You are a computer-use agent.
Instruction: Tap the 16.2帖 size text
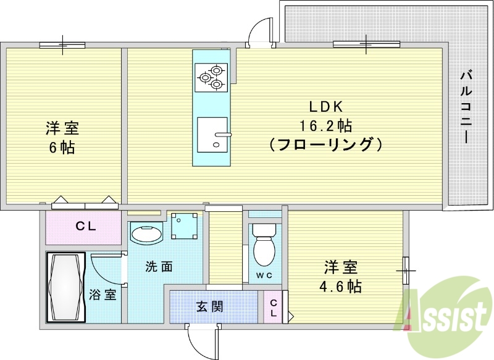pyautogui.click(x=325, y=126)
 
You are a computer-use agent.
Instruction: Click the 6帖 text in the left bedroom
pyautogui.click(x=62, y=149)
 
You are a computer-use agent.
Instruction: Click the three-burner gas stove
pyautogui.click(x=210, y=77)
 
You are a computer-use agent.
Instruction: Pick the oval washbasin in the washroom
pyautogui.click(x=146, y=234)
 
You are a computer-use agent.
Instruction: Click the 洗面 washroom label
pyautogui.click(x=159, y=267)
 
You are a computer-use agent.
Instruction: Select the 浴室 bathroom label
pyautogui.click(x=103, y=294)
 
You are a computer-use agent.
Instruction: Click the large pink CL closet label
pyautogui.click(x=85, y=227)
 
